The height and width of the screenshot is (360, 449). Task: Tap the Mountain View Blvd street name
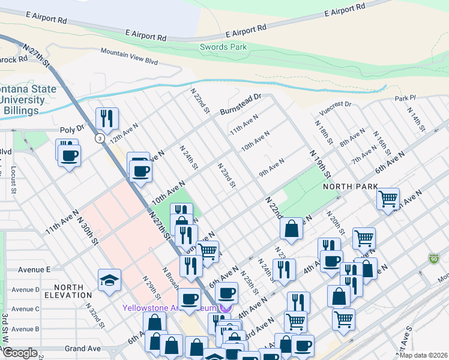(129, 57)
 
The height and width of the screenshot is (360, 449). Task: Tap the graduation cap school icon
(109, 280)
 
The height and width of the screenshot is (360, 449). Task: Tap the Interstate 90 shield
(434, 259)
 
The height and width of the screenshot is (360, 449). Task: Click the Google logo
(20, 353)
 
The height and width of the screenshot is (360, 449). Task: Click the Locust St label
(13, 179)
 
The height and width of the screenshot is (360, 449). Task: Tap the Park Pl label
(405, 98)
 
